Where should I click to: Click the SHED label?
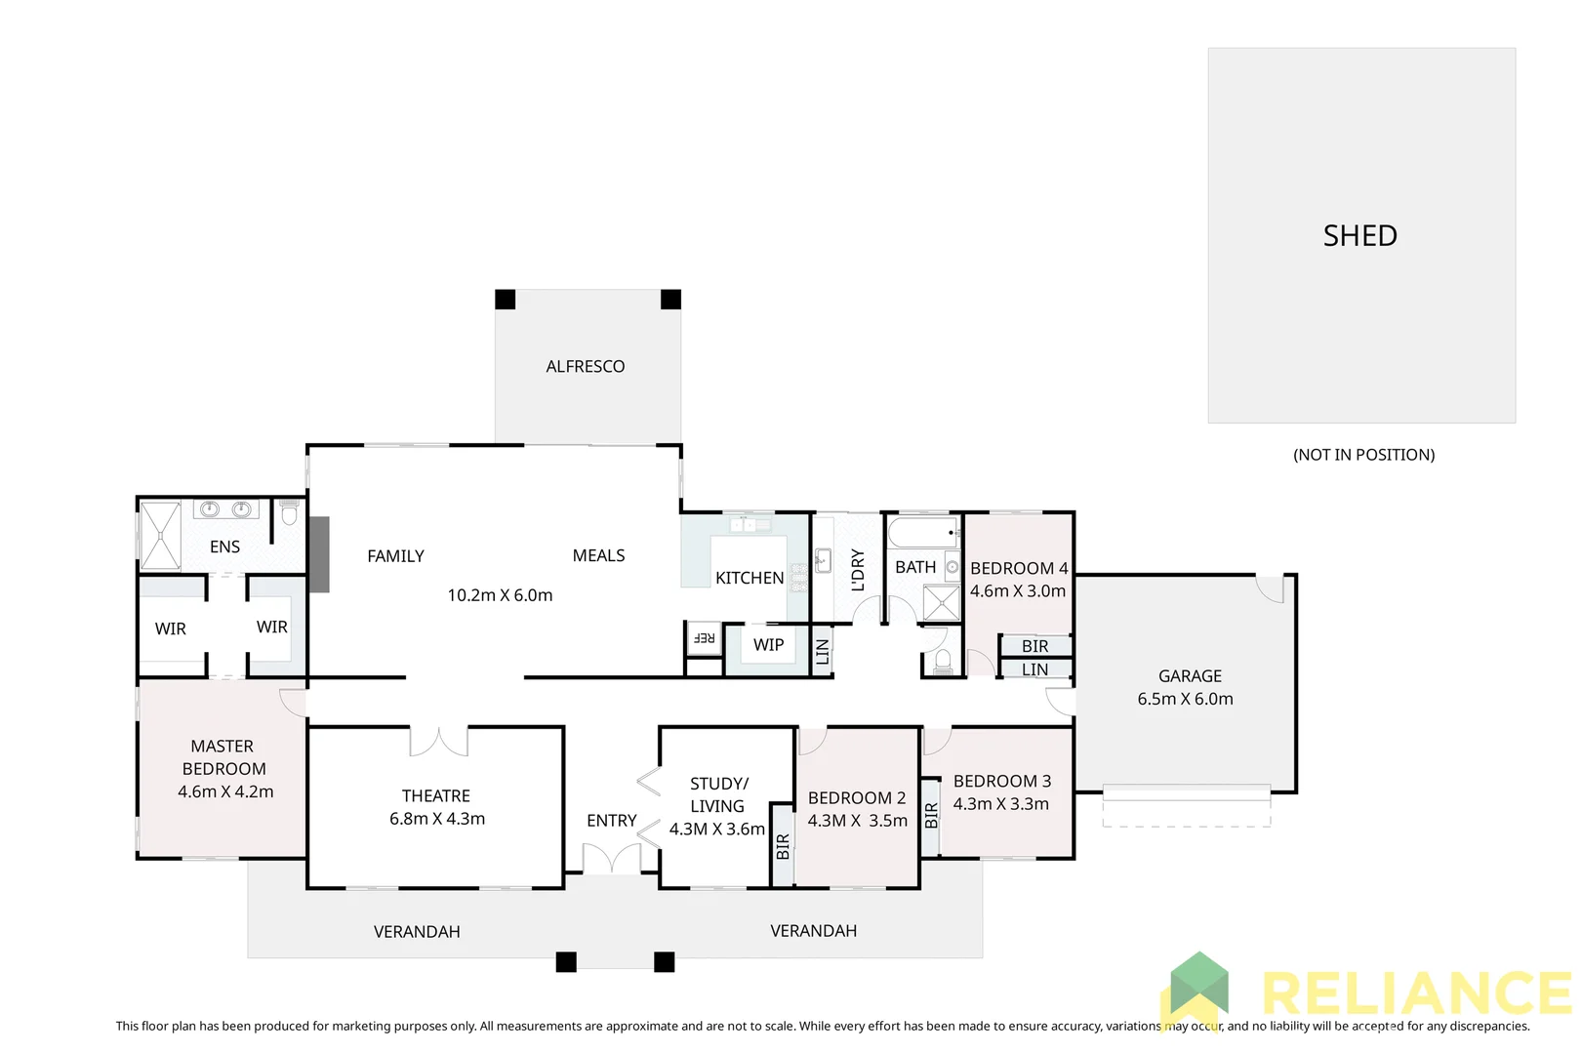click(1359, 236)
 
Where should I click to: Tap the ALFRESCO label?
click(586, 367)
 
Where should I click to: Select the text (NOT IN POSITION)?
click(1363, 455)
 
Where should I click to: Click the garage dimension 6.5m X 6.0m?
click(1185, 699)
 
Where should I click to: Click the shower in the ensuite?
click(160, 535)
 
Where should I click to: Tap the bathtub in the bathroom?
click(922, 533)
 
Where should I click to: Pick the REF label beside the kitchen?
click(704, 638)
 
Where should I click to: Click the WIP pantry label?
click(768, 645)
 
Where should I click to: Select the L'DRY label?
click(858, 570)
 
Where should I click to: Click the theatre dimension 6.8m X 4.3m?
click(437, 819)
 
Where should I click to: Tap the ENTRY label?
click(612, 821)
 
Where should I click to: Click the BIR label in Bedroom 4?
click(1034, 646)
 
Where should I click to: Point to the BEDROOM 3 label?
click(1002, 781)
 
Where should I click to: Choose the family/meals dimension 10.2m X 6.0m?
click(500, 595)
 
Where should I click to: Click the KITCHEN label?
click(750, 578)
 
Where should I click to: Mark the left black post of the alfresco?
click(506, 300)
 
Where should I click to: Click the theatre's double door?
click(438, 742)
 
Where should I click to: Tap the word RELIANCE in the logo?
click(1415, 994)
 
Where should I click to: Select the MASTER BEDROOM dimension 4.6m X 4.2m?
click(225, 791)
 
